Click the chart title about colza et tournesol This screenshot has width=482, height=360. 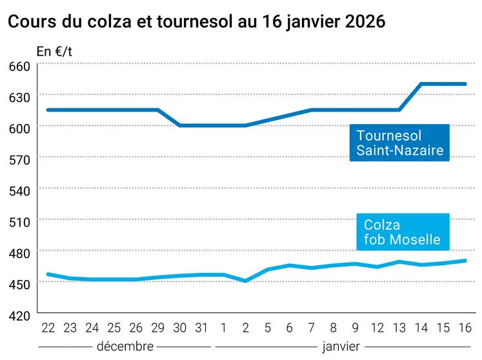[196, 21]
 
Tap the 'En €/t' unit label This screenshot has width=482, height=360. [54, 52]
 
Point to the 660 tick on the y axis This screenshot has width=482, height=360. [19, 66]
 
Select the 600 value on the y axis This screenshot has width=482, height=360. [19, 128]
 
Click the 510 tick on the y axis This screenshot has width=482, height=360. [19, 222]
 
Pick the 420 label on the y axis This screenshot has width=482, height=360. [19, 316]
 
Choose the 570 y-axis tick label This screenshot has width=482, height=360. [19, 159]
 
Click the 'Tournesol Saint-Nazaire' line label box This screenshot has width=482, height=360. [399, 143]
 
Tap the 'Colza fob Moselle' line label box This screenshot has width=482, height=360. [402, 233]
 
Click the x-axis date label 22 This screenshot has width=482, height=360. [48, 328]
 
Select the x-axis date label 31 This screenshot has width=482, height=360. [201, 328]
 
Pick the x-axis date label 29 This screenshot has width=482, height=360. [157, 328]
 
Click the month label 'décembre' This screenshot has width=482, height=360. [125, 346]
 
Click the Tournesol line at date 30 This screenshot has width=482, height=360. [179, 125]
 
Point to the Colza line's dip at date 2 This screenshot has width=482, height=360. [245, 281]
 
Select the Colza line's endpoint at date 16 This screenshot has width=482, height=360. [465, 261]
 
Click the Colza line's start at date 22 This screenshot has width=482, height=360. [48, 274]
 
